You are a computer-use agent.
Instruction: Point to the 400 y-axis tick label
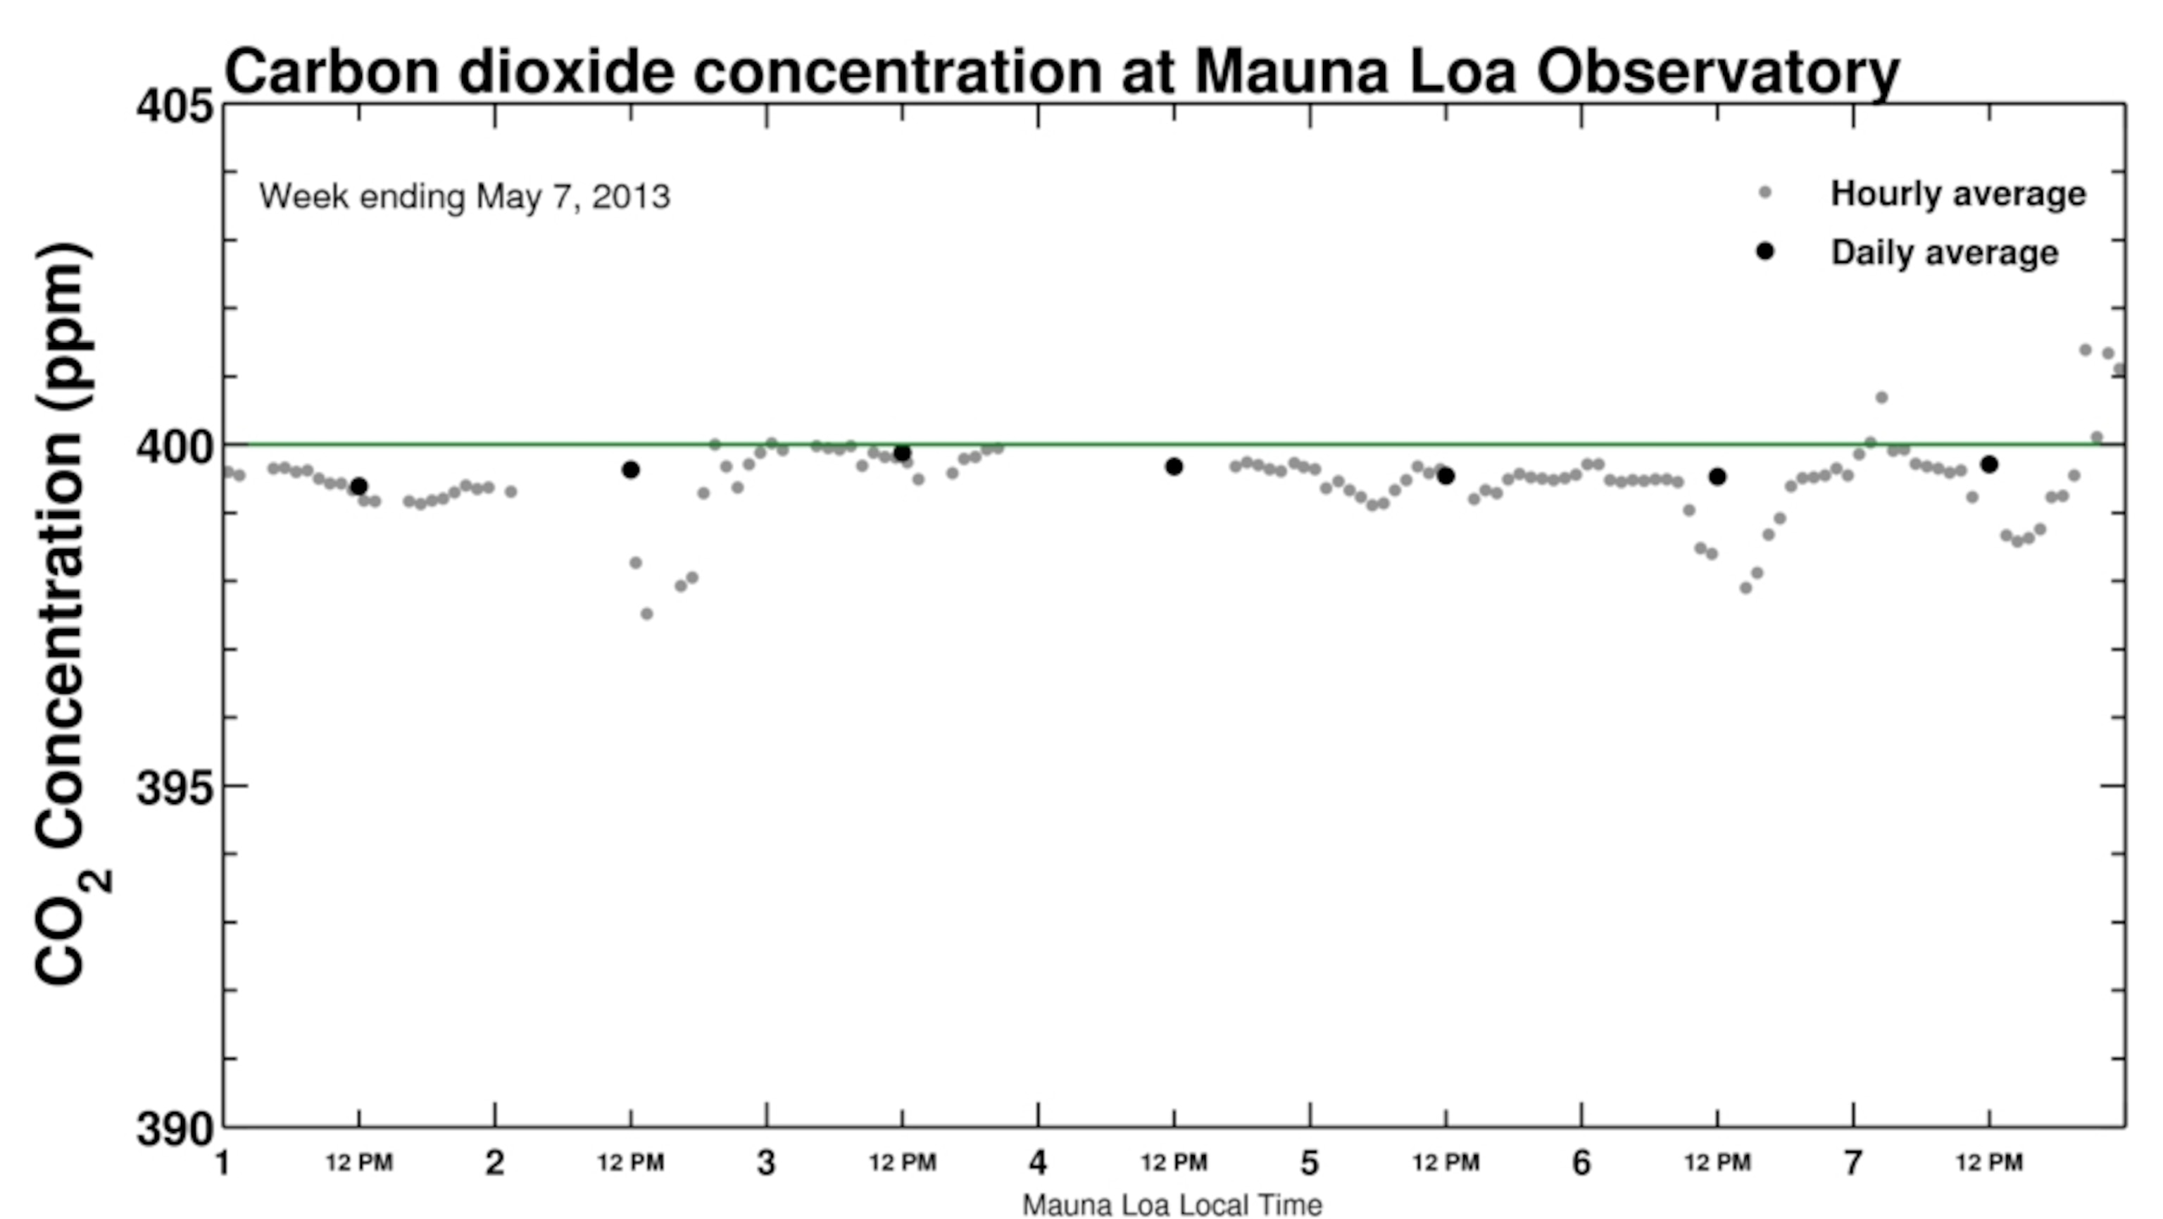(x=175, y=447)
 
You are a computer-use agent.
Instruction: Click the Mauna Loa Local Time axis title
(x=1172, y=1205)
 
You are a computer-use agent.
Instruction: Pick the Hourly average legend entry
(x=1957, y=194)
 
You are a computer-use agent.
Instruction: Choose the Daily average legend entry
(x=1944, y=253)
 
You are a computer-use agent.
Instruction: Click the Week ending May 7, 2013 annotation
(x=464, y=197)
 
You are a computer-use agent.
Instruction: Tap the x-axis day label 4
(x=1038, y=1163)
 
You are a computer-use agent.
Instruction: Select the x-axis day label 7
(x=1853, y=1163)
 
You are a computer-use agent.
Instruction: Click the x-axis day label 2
(x=494, y=1163)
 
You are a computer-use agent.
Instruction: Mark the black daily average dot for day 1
(x=358, y=485)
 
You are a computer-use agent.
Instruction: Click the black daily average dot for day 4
(x=1174, y=466)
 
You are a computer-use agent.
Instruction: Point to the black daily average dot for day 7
(x=1989, y=464)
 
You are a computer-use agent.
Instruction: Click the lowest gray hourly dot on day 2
(x=646, y=614)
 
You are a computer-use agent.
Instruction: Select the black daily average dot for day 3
(x=903, y=454)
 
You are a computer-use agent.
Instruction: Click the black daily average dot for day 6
(x=1717, y=476)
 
